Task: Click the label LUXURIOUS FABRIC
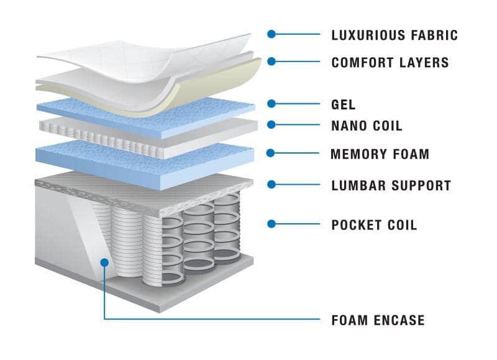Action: (x=394, y=35)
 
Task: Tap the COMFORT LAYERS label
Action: (x=390, y=63)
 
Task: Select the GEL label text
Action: (x=344, y=105)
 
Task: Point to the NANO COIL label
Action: (x=367, y=126)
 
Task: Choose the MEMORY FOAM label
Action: (x=380, y=154)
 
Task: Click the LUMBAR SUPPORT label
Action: (x=391, y=185)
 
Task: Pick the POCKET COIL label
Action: (x=374, y=225)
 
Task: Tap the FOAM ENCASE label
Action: (x=378, y=321)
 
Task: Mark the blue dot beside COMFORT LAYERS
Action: (x=271, y=61)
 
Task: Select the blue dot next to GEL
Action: (x=271, y=104)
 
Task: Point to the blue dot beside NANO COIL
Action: (x=271, y=124)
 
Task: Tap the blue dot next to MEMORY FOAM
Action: (x=271, y=152)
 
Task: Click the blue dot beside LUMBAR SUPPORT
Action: (x=271, y=183)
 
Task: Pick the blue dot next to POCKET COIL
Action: (x=271, y=223)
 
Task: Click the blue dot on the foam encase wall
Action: (x=104, y=262)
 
